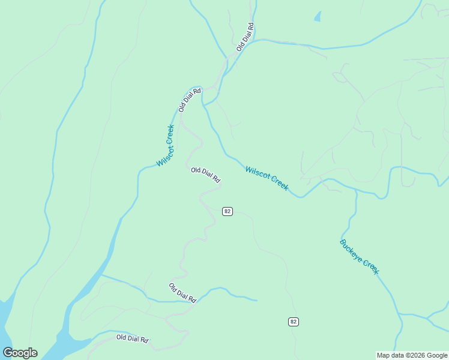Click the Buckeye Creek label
(x=360, y=257)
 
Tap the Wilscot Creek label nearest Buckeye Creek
(x=267, y=178)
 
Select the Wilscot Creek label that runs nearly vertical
(x=165, y=146)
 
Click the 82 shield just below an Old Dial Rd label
(x=228, y=211)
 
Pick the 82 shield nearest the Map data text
(x=293, y=322)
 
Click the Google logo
(x=20, y=353)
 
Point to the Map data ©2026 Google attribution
(x=412, y=355)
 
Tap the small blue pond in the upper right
(x=318, y=17)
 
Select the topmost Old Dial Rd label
(x=246, y=37)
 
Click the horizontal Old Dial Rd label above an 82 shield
(x=206, y=175)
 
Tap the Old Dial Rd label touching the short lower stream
(x=183, y=293)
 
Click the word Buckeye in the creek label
(x=351, y=250)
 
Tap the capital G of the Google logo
(x=8, y=353)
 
